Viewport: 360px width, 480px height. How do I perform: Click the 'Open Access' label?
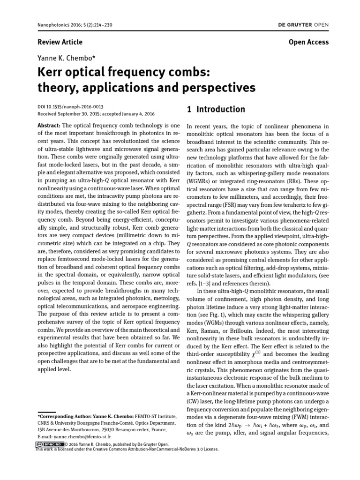[x=309, y=42]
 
